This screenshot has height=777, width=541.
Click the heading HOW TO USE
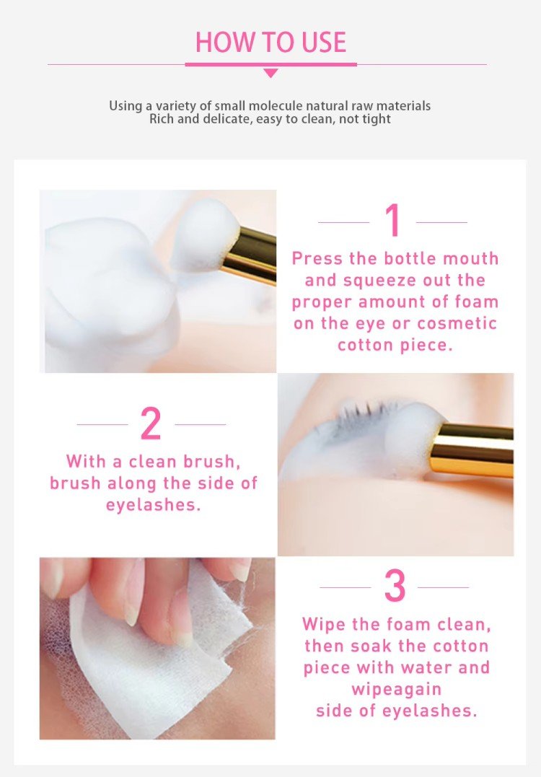point(270,42)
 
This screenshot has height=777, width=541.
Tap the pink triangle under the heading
point(270,73)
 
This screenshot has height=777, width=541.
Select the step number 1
point(393,220)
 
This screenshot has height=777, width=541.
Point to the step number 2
point(151,423)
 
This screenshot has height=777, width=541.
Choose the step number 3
point(395,586)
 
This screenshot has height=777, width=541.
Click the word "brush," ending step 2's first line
point(212,461)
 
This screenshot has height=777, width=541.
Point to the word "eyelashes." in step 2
point(153,504)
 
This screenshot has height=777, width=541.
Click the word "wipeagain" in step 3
point(396,689)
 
